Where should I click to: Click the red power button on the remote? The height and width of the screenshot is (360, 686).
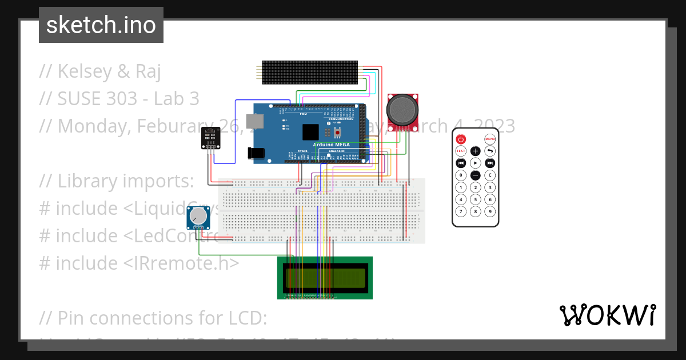(x=461, y=139)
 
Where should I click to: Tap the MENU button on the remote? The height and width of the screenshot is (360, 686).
(x=490, y=139)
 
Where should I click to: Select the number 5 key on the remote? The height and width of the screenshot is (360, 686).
(x=476, y=199)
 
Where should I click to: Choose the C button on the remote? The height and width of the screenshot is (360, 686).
(x=490, y=175)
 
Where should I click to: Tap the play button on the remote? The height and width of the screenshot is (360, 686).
(x=476, y=163)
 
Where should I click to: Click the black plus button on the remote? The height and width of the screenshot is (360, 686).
(x=476, y=151)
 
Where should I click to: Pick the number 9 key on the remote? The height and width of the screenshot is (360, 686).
(x=490, y=211)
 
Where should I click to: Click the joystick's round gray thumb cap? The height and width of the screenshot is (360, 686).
(x=403, y=109)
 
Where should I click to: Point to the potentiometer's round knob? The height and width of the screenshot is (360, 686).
(x=198, y=216)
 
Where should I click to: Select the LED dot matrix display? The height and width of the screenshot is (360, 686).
(x=310, y=72)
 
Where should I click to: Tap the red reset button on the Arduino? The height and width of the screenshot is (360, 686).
(x=338, y=132)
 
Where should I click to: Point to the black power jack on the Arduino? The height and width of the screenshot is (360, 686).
(x=256, y=153)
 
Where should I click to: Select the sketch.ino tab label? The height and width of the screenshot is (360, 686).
(x=101, y=25)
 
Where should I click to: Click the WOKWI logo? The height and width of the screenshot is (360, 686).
(x=607, y=315)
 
